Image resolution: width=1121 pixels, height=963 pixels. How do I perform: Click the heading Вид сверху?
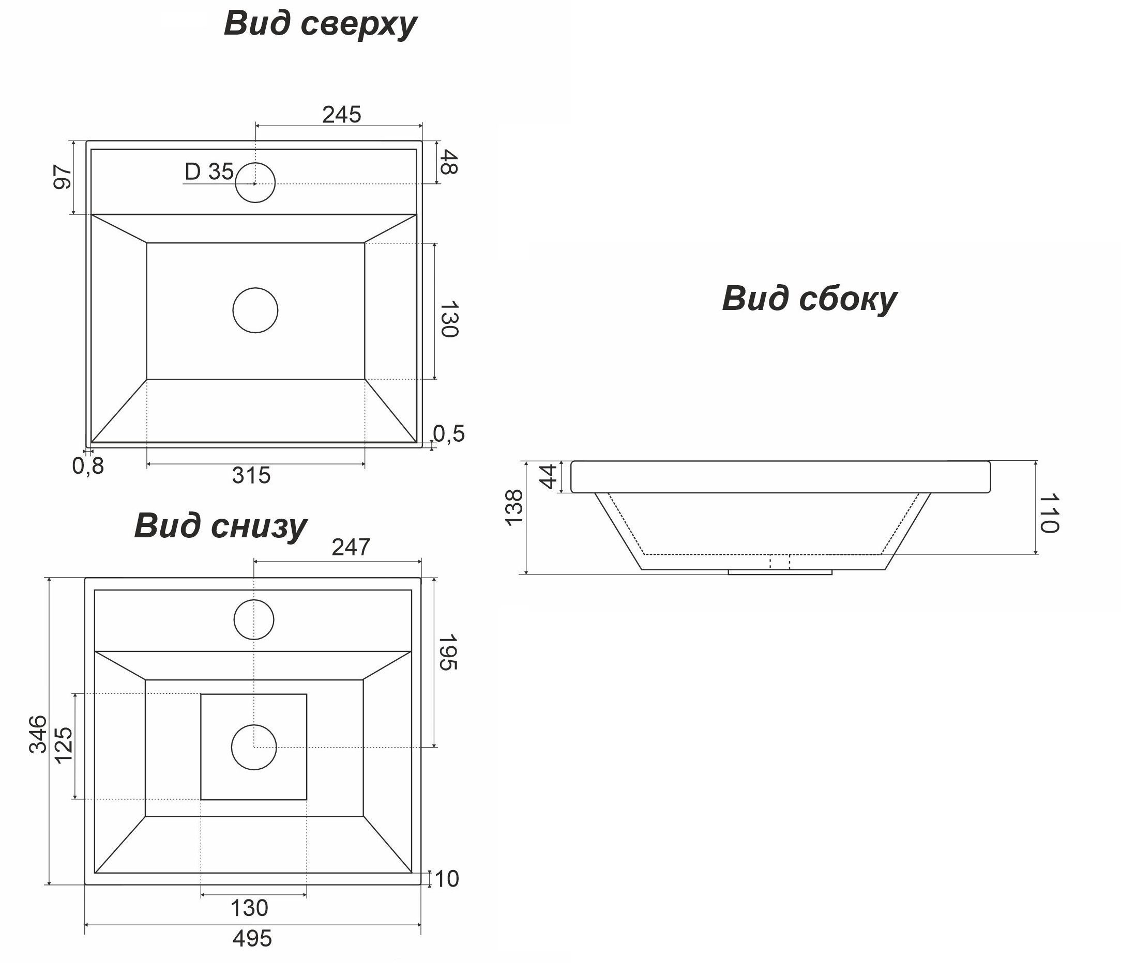pyautogui.click(x=320, y=24)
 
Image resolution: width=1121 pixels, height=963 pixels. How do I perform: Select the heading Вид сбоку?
pyautogui.click(x=809, y=299)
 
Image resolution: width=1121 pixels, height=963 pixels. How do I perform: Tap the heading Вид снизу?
pyautogui.click(x=220, y=525)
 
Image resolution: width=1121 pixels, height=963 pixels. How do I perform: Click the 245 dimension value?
pyautogui.click(x=341, y=115)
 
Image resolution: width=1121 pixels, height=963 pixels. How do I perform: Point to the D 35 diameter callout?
pyautogui.click(x=209, y=172)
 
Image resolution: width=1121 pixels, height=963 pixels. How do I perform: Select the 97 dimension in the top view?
pyautogui.click(x=63, y=177)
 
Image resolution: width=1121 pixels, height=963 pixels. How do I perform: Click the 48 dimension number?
pyautogui.click(x=448, y=162)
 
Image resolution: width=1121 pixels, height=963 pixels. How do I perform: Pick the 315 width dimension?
pyautogui.click(x=251, y=476)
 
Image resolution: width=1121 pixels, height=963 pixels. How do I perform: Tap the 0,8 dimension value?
pyautogui.click(x=88, y=465)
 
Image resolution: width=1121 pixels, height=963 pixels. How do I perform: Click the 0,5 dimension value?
pyautogui.click(x=449, y=433)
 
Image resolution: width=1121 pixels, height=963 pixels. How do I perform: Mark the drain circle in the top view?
pyautogui.click(x=255, y=310)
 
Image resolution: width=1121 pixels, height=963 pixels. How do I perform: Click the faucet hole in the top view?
pyautogui.click(x=255, y=183)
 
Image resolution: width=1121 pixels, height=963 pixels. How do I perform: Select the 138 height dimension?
pyautogui.click(x=514, y=507)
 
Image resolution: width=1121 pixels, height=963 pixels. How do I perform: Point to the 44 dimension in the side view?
pyautogui.click(x=549, y=476)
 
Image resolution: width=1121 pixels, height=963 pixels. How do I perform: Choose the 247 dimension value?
pyautogui.click(x=351, y=548)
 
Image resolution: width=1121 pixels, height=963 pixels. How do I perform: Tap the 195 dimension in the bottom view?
pyautogui.click(x=447, y=653)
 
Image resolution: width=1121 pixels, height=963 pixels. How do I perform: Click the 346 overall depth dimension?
pyautogui.click(x=38, y=734)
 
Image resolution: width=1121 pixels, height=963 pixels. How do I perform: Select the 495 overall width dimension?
pyautogui.click(x=252, y=939)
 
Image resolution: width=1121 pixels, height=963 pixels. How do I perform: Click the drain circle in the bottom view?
pyautogui.click(x=254, y=747)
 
